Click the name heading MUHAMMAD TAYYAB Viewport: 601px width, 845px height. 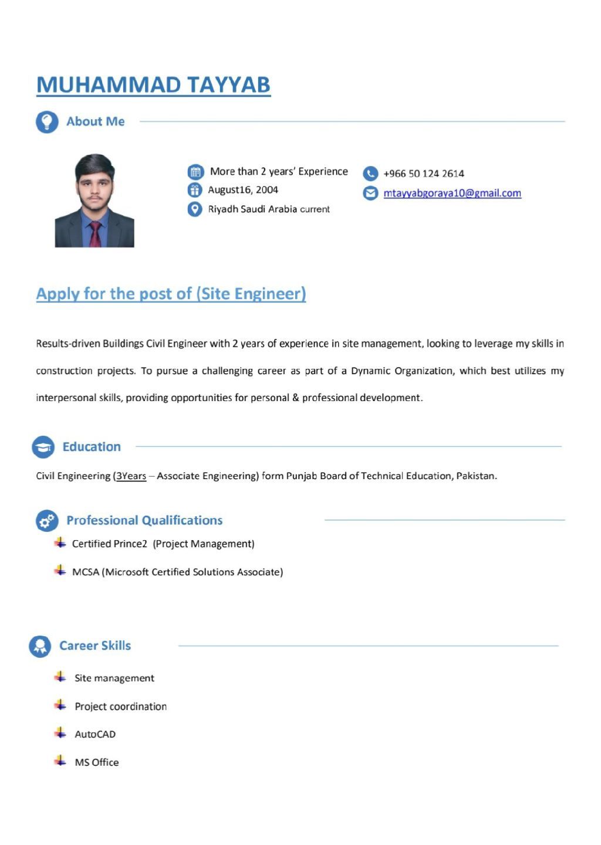point(153,85)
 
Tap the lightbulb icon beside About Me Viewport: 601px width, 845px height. point(47,122)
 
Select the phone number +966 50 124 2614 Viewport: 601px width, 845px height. point(423,174)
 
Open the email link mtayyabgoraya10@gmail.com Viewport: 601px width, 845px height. point(452,194)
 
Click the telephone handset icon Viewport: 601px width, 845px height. point(370,174)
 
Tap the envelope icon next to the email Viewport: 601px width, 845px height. point(370,193)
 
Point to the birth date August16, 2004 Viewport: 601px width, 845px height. point(243,190)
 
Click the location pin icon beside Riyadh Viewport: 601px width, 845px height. point(195,209)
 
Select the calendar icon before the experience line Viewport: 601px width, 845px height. point(195,172)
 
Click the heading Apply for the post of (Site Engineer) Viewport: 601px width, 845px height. point(171,294)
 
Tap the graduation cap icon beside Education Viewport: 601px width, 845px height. point(43,447)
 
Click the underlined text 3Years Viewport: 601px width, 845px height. point(131,476)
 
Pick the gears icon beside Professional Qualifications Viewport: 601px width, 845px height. point(47,520)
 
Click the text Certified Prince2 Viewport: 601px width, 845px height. point(110,544)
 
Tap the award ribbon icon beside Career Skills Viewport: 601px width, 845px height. point(40,646)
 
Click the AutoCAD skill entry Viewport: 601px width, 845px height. point(95,734)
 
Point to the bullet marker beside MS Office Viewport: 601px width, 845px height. point(60,761)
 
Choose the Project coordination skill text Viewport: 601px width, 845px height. point(120,707)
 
